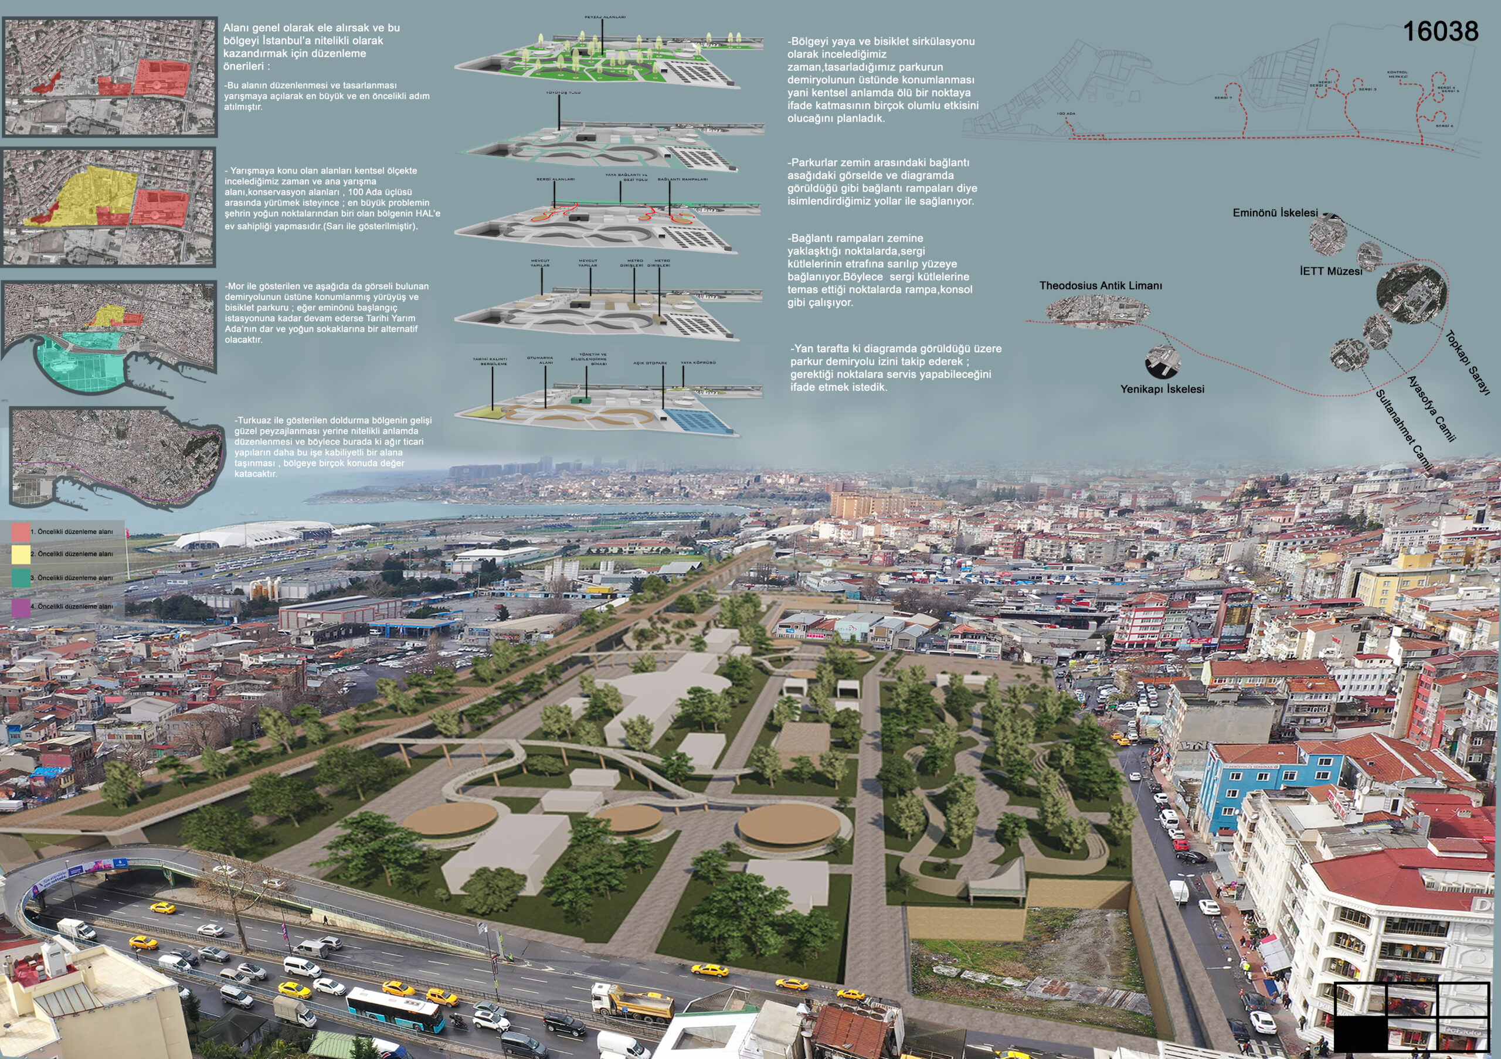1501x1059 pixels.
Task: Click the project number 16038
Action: (x=1440, y=32)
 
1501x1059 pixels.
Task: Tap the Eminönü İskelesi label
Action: (x=1275, y=213)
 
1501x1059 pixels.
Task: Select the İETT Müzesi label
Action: (x=1330, y=271)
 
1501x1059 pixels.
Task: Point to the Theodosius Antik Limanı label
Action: (x=1101, y=285)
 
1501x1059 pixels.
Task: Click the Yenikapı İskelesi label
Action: (x=1162, y=389)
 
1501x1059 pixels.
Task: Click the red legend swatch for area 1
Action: (x=21, y=532)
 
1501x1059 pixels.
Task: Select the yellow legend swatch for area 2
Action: (x=21, y=554)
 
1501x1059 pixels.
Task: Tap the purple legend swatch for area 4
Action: (x=21, y=607)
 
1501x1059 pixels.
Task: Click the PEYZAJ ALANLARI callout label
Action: (x=605, y=17)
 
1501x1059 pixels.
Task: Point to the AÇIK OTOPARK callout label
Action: (x=650, y=363)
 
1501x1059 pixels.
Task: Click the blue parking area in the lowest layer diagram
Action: (x=703, y=421)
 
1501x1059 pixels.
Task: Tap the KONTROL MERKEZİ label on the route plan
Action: (x=1397, y=74)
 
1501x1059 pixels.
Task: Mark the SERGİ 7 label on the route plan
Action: (x=1222, y=98)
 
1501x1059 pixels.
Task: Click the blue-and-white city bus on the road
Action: (x=394, y=1008)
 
